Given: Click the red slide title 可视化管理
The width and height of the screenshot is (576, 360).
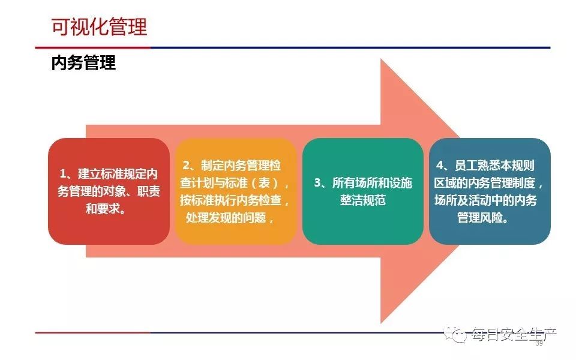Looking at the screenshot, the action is point(99,27).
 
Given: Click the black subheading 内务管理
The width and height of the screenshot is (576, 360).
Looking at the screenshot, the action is point(83,62).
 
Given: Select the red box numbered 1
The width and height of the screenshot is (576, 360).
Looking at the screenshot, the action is point(109,191).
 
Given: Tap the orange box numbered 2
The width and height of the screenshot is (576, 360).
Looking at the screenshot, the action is point(236,191).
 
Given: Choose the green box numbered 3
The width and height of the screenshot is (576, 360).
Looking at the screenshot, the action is point(363,191).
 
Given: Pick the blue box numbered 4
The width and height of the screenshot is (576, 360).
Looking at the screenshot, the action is point(490,191).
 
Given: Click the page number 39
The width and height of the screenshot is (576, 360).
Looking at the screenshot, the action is point(539,343).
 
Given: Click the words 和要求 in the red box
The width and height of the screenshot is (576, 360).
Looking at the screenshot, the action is point(103,209).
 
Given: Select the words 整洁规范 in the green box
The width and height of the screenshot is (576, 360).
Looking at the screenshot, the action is point(363,200).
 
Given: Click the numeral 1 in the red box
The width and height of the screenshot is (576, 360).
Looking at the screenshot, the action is point(63,174).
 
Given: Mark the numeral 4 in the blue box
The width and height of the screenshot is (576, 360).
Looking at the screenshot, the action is point(440,166).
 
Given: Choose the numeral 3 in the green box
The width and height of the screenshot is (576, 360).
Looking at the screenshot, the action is point(318,182).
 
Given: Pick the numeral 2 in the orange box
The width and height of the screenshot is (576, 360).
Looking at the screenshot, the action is point(187,166).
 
